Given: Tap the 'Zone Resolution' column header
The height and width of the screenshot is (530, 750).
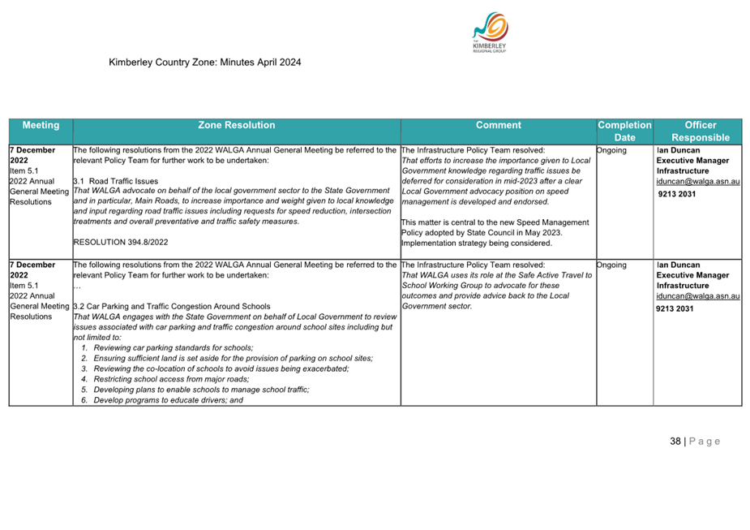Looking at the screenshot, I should click(236, 125).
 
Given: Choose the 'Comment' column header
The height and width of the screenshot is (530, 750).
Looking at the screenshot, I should click(498, 125).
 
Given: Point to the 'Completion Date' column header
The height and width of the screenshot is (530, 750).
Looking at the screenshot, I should click(624, 131).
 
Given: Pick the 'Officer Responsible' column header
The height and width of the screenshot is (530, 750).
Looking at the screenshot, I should click(700, 131).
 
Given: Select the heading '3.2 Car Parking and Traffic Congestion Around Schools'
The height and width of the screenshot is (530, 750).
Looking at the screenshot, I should click(171, 307).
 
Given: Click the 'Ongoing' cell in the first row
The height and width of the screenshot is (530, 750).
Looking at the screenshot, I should click(611, 150).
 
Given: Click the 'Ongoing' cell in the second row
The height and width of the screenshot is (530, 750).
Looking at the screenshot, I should click(611, 265).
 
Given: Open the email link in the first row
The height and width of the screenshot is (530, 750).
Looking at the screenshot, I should click(698, 181).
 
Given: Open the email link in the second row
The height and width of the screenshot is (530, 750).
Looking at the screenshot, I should click(698, 296).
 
